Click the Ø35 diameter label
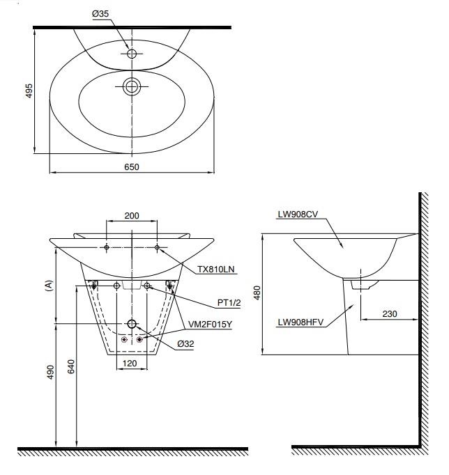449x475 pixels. coord(100,14)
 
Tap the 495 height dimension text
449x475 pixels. coord(29,91)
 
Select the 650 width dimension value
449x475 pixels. coord(132,167)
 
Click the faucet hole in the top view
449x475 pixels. coord(132,54)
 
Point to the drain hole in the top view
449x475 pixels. coord(132,86)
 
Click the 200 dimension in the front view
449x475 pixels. coord(132,216)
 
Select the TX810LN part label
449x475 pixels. coord(216,270)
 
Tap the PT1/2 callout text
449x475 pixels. coord(229,303)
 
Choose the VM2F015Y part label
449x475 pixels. coord(210,325)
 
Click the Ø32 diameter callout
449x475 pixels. coord(185,344)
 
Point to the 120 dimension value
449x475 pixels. coord(130,364)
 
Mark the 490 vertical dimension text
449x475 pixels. coord(50,372)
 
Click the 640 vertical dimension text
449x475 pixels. coord(70,366)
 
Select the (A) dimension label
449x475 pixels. coord(49,286)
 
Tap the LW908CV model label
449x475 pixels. coord(298,215)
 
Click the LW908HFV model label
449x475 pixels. coord(300,322)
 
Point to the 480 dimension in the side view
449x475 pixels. coord(257,293)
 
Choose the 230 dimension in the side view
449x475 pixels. coord(390,314)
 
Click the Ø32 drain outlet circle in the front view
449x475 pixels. coord(132,324)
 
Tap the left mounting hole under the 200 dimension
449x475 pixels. coord(107,247)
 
